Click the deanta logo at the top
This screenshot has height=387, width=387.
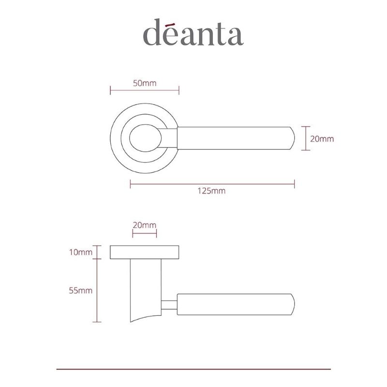click(x=193, y=32)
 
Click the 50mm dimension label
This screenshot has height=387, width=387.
click(x=145, y=83)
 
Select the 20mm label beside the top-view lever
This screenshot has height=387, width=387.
click(x=322, y=138)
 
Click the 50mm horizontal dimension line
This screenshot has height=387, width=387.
click(x=145, y=90)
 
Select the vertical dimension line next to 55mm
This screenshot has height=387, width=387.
click(x=98, y=290)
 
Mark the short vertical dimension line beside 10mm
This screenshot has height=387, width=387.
click(x=98, y=252)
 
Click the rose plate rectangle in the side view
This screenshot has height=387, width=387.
click(x=145, y=253)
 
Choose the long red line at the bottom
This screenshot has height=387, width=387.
click(x=193, y=369)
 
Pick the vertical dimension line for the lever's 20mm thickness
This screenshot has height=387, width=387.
click(x=305, y=138)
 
